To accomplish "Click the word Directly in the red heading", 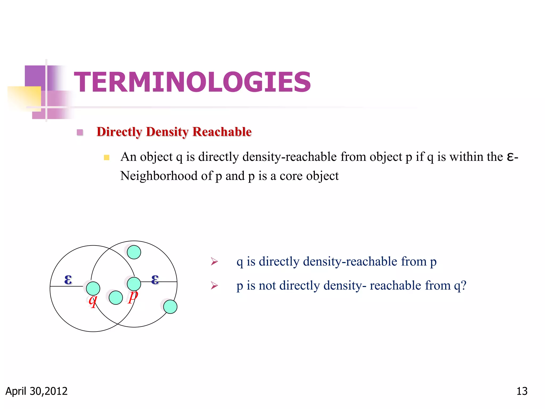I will [119, 132].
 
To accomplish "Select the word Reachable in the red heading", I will [222, 132].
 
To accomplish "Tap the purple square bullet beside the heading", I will [80, 132].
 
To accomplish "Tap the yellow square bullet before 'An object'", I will [106, 157].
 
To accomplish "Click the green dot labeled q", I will [93, 288].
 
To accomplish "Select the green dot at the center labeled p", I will [134, 284].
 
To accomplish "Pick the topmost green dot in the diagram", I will [134, 252].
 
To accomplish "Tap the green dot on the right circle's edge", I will [170, 306].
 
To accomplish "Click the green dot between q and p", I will [116, 297].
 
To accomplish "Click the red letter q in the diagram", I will [93, 301].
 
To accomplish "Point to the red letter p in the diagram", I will [133, 296].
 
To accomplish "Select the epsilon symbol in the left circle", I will [68, 279].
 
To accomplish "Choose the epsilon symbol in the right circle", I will [155, 279].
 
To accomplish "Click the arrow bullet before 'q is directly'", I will [214, 261].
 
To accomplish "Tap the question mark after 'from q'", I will [463, 285].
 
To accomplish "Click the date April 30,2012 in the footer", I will [36, 391].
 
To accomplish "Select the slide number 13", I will [522, 391].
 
